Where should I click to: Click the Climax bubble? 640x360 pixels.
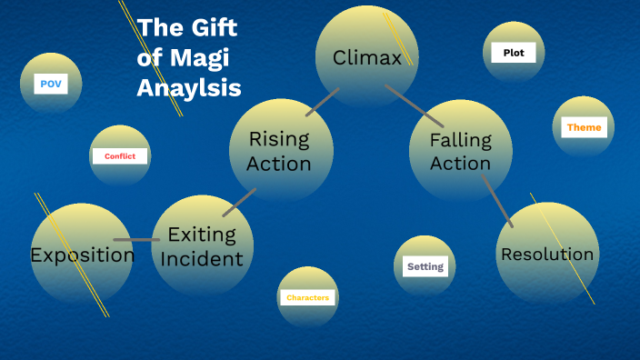[366, 56]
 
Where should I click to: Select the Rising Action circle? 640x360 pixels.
[280, 151]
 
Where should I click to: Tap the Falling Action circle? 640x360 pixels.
[460, 151]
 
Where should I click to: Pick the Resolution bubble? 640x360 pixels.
[547, 254]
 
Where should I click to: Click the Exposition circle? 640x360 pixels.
[82, 255]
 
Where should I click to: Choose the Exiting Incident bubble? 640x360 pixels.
[202, 246]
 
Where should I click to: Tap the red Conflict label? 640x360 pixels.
[120, 156]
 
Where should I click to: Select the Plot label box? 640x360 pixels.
[514, 53]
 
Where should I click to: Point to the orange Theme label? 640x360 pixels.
[584, 127]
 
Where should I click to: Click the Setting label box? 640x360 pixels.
[425, 266]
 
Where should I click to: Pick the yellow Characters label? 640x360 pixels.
[307, 297]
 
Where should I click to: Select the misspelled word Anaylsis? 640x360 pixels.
[189, 88]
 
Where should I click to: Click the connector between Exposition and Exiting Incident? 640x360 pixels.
[137, 240]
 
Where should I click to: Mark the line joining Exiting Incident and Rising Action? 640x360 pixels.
[239, 202]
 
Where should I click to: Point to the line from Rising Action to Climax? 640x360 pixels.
[322, 102]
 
